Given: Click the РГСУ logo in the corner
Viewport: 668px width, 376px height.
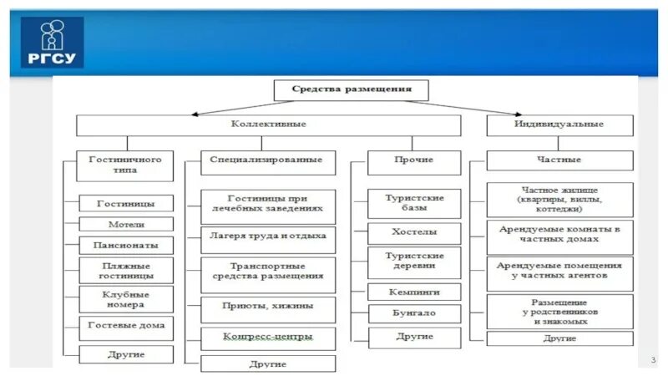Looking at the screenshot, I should (x=52, y=42).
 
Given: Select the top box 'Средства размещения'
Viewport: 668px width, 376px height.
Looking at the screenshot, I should (x=351, y=89).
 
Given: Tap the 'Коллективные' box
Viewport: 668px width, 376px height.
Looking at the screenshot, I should (x=268, y=124).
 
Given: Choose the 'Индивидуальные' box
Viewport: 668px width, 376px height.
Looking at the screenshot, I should (x=558, y=124).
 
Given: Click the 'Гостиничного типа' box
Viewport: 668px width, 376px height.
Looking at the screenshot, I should (x=125, y=164).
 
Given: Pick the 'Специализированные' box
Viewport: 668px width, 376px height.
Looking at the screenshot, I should (x=268, y=162).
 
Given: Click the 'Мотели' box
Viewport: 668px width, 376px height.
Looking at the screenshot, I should (x=126, y=224).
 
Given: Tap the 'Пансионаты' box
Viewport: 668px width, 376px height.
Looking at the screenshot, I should (x=126, y=246).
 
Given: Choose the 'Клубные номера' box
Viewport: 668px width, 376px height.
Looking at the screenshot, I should (x=126, y=298).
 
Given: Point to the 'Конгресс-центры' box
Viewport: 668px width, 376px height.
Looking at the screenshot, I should (x=268, y=338).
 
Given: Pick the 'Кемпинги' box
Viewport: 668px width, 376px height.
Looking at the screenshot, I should (x=413, y=292).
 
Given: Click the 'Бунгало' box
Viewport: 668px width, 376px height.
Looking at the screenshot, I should (x=413, y=313).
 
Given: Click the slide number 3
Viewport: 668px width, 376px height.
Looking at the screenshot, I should (x=651, y=359).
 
